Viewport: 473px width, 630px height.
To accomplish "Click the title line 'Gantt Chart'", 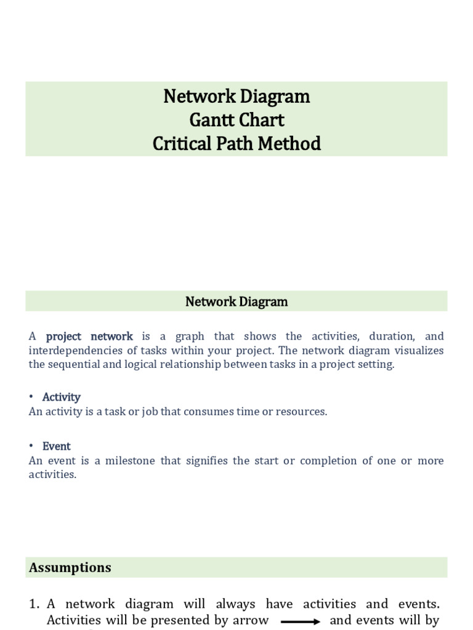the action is (x=236, y=120).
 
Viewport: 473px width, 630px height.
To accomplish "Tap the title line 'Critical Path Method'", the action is (x=236, y=143).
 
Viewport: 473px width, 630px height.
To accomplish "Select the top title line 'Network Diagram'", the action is (x=236, y=97).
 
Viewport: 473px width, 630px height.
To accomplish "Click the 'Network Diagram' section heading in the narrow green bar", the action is (x=236, y=301).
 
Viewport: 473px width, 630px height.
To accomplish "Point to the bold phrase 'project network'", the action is (x=89, y=337).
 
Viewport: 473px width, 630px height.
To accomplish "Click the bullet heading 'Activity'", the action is (x=62, y=397).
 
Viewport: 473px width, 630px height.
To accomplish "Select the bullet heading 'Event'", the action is (x=57, y=447).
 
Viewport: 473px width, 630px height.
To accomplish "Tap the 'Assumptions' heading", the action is (x=70, y=567).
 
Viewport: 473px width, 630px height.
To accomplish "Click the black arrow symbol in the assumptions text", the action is (x=300, y=621).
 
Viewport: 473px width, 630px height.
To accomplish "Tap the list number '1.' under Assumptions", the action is (x=34, y=604).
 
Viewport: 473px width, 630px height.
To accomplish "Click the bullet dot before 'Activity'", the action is (x=31, y=397).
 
